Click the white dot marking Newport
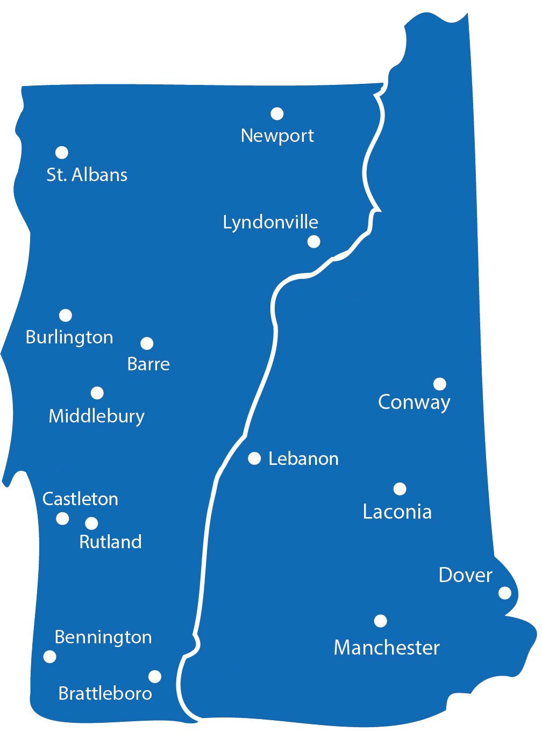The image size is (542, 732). click(x=277, y=113)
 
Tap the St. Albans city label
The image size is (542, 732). click(x=87, y=175)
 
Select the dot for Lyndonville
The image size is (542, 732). click(x=314, y=241)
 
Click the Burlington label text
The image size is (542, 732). click(x=69, y=338)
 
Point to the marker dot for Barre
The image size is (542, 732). click(x=147, y=343)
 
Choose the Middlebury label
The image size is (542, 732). click(x=97, y=417)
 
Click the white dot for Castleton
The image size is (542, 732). click(x=62, y=519)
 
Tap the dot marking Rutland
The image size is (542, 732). click(x=91, y=523)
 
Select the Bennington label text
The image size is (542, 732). click(x=103, y=637)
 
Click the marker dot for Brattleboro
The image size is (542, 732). click(x=155, y=676)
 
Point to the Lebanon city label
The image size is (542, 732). click(x=303, y=459)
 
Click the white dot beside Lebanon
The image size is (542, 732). click(x=254, y=458)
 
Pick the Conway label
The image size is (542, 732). click(x=414, y=402)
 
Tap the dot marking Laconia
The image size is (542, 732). click(x=400, y=489)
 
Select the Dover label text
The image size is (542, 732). click(x=465, y=575)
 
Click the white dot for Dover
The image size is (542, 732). click(x=505, y=593)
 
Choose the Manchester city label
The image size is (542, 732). click(x=387, y=648)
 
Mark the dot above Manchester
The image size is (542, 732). click(x=380, y=621)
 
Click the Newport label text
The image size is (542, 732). click(x=277, y=135)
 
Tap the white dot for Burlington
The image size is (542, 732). click(x=66, y=315)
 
